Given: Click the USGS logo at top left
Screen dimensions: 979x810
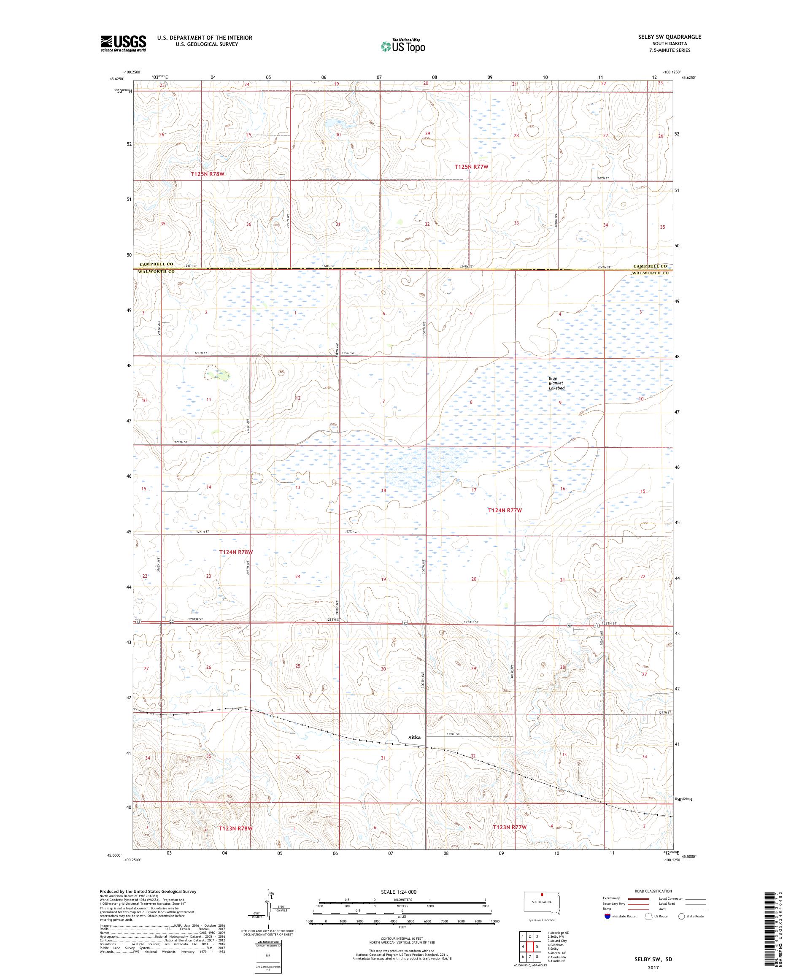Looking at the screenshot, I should (123, 43).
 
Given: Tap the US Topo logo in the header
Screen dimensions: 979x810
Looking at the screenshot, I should (403, 45).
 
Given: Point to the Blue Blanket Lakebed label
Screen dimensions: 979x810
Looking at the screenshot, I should (556, 383).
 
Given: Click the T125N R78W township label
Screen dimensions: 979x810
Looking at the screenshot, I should (208, 174).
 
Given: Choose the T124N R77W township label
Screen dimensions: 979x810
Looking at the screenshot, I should (505, 511).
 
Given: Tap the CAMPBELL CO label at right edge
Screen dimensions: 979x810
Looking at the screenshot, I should (650, 266).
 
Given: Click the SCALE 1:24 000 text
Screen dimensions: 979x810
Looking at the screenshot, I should (397, 892).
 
